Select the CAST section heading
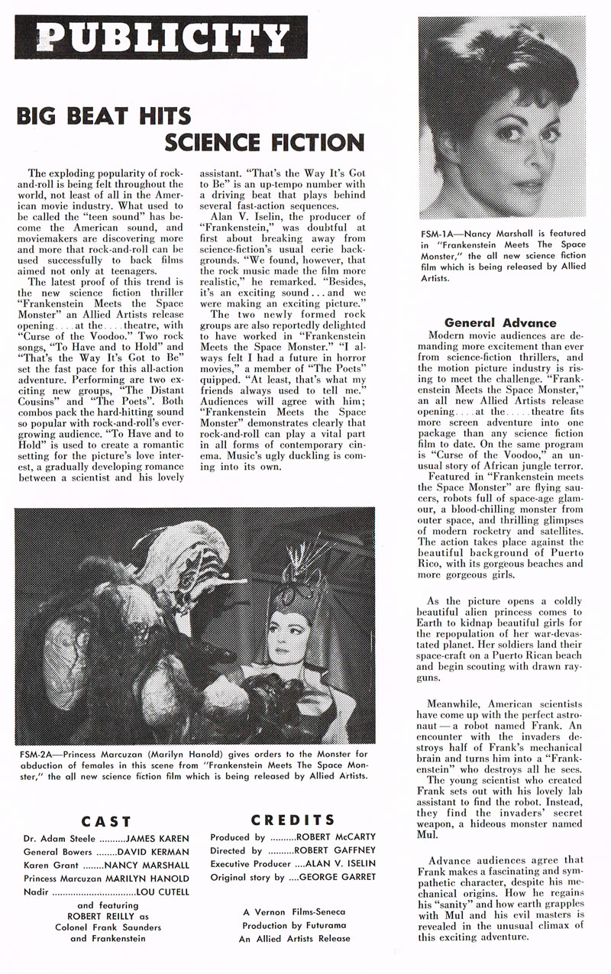click(107, 821)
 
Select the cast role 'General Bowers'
click(57, 852)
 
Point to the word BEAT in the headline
click(108, 117)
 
